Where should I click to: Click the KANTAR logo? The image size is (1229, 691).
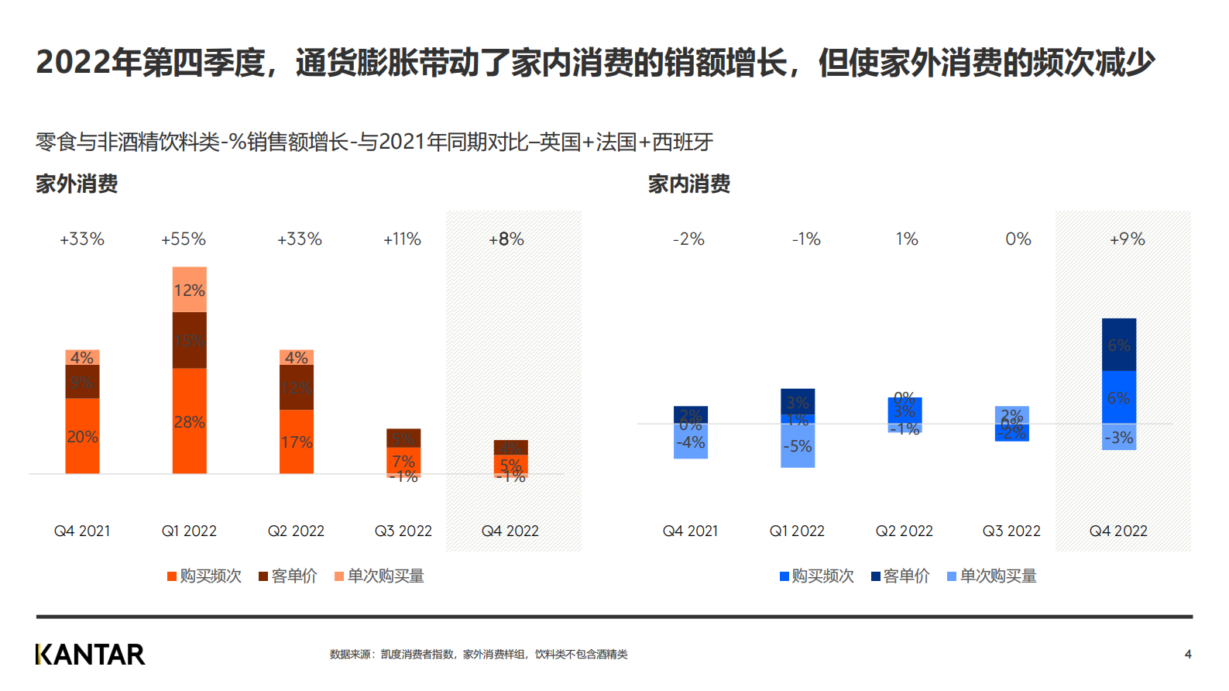[90, 655]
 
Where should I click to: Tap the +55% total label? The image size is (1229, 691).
[184, 239]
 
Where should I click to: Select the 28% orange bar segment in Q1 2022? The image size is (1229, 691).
[189, 421]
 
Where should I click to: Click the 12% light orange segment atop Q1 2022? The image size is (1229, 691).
[189, 290]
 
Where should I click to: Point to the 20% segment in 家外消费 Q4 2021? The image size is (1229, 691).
[82, 436]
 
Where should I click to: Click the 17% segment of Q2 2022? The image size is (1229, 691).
[297, 442]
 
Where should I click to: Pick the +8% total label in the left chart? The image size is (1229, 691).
[506, 239]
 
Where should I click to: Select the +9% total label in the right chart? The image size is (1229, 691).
[1127, 239]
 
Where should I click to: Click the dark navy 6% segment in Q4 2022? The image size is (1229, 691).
[1119, 345]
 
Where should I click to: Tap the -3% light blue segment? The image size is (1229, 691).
[1119, 437]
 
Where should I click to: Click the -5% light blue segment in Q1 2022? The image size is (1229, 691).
[798, 446]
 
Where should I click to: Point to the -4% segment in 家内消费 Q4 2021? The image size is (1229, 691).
[691, 443]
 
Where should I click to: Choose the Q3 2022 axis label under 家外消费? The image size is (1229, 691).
[403, 531]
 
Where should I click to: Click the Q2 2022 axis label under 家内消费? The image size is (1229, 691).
[905, 531]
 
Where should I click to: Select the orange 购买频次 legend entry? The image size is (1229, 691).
[204, 576]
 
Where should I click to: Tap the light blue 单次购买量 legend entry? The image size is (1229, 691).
[992, 576]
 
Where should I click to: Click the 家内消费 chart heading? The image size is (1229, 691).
[689, 184]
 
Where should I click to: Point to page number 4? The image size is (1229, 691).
[1188, 655]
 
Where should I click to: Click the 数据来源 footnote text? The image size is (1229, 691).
[479, 655]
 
